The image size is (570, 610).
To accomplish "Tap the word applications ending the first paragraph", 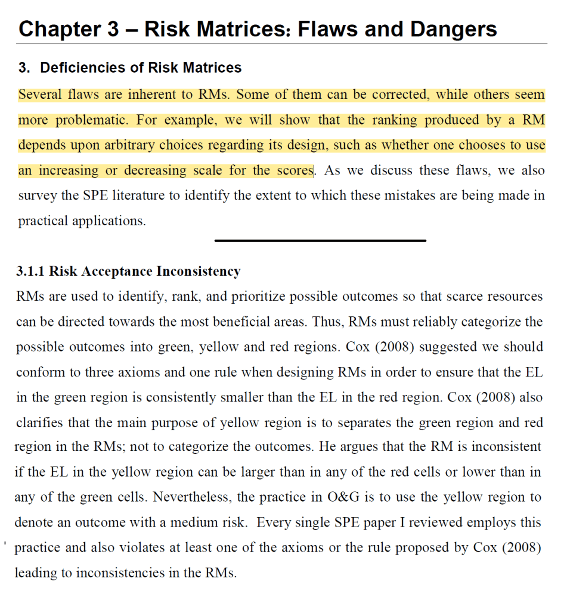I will [110, 221].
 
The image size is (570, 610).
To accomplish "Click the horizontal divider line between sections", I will [320, 241].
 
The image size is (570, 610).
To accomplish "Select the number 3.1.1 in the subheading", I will [30, 272].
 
